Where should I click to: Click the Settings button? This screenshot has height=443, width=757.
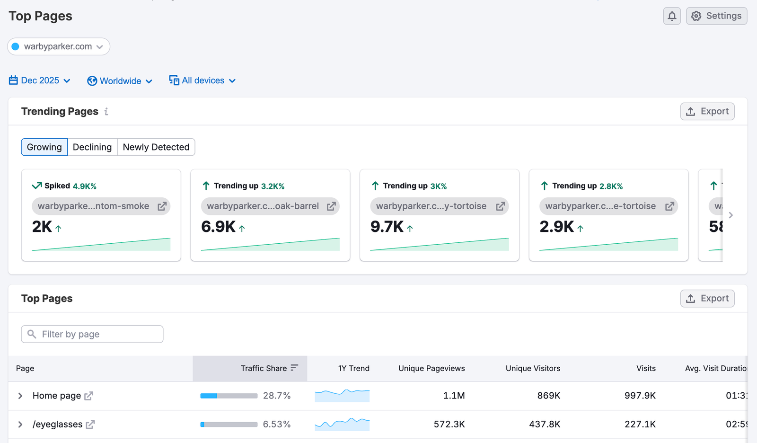coord(716,16)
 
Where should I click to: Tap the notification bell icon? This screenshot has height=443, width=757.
coord(672,16)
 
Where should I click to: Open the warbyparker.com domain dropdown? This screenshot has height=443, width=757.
coord(59,46)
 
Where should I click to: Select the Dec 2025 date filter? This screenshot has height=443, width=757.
coord(40,80)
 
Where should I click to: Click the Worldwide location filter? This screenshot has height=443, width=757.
coord(120,81)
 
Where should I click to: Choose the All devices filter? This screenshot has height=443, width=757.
coord(202,80)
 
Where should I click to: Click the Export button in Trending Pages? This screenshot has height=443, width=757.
coord(707,111)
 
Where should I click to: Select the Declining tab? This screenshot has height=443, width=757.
coord(92,147)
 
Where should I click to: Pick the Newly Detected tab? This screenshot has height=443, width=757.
coord(156,147)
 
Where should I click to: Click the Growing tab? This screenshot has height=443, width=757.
coord(44,147)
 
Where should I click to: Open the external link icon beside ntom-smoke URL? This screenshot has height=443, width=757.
coord(162,206)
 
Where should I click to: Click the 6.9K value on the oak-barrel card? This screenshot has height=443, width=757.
coord(218,227)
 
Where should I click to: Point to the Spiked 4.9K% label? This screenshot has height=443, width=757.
coord(64,186)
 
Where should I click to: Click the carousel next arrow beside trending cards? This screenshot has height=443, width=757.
coord(731,215)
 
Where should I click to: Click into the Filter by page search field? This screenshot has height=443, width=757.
coord(92,334)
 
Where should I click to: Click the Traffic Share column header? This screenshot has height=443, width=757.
coord(264,368)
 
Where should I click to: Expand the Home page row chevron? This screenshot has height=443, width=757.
coord(20,396)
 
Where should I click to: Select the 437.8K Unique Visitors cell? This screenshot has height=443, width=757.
coord(544,424)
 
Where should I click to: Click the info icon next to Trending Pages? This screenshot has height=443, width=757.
coord(106,112)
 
